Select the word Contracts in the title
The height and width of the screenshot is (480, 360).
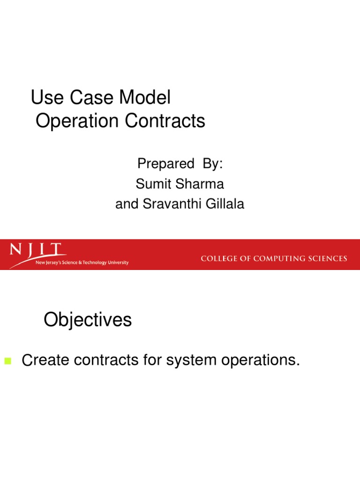[165, 121]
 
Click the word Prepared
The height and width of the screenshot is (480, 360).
[165, 164]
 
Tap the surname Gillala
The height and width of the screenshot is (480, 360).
[224, 205]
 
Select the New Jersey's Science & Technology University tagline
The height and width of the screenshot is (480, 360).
[82, 263]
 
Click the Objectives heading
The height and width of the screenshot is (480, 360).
[88, 320]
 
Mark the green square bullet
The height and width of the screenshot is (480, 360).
[7, 361]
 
